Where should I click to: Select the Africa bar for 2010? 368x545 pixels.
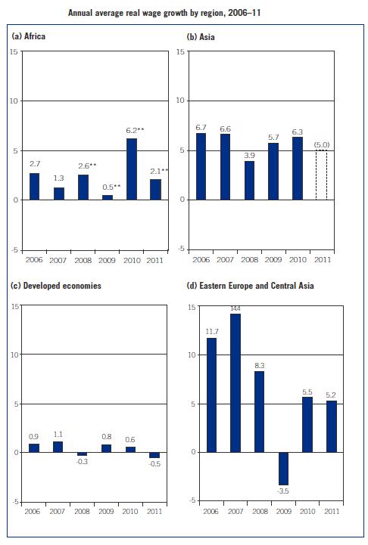click(x=131, y=169)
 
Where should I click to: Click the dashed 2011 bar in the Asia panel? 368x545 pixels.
click(x=321, y=175)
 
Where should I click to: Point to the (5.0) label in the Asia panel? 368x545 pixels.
click(x=321, y=144)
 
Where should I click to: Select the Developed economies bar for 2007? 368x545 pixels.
click(x=58, y=447)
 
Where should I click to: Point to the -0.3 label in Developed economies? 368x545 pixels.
click(x=83, y=462)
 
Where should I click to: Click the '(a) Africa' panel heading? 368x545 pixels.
click(x=27, y=36)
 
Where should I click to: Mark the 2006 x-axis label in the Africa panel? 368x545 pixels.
click(x=34, y=259)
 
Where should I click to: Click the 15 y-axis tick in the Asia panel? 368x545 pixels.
click(x=181, y=51)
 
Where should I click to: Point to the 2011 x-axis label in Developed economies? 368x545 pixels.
click(x=154, y=512)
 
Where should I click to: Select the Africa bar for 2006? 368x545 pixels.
click(x=34, y=186)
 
